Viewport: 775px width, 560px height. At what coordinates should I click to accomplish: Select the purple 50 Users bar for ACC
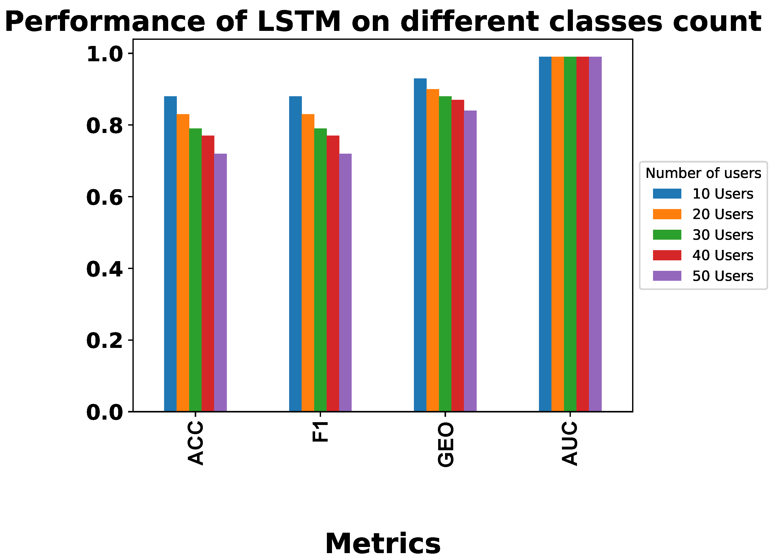[220, 282]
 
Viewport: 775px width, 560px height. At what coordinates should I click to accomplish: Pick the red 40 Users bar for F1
[333, 274]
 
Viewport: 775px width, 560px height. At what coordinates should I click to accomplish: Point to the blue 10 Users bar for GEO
[420, 245]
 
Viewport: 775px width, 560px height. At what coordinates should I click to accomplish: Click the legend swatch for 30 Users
[667, 235]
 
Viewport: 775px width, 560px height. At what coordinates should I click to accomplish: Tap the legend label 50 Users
[723, 276]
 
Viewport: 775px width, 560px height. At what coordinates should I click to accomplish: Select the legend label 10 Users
[723, 194]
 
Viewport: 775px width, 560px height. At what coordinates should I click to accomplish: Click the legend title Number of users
[703, 173]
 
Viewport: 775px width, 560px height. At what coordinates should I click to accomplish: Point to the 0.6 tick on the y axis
[104, 197]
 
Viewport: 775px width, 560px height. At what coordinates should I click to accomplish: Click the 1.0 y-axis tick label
[104, 54]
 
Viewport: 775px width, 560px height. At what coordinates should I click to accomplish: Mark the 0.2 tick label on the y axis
[104, 340]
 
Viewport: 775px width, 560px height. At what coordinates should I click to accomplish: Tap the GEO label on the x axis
[446, 444]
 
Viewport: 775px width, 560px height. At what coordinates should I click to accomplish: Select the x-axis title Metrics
[383, 544]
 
